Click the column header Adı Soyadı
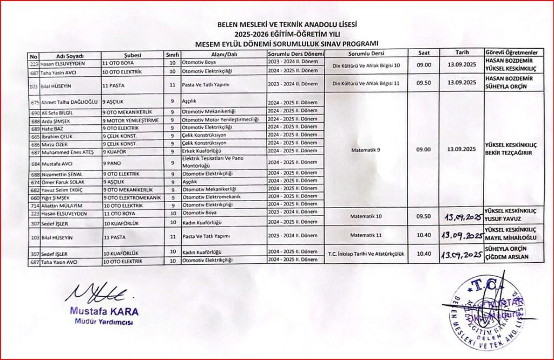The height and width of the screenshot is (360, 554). pyautogui.click(x=68, y=56)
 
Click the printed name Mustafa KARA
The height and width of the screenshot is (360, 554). pyautogui.click(x=103, y=312)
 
